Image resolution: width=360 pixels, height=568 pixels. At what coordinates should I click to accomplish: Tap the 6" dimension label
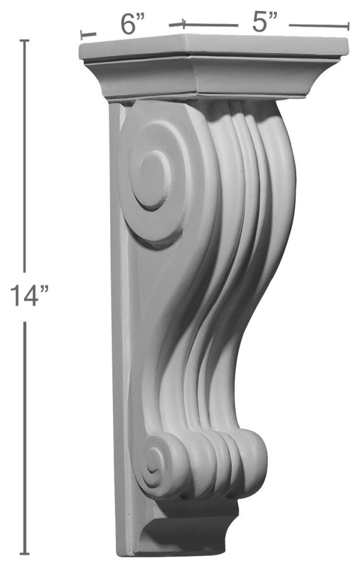click(x=132, y=24)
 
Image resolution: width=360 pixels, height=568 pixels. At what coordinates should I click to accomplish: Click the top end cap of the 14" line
click(x=24, y=41)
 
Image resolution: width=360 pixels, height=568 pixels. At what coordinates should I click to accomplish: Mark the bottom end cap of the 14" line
click(x=24, y=554)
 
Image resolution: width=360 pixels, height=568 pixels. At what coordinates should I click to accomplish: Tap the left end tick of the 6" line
click(x=81, y=34)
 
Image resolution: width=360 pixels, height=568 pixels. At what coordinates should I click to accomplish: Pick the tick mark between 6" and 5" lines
click(x=183, y=24)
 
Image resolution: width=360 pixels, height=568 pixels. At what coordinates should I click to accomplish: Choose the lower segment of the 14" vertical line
click(x=24, y=436)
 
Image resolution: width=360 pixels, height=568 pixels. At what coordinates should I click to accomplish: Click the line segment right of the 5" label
click(x=318, y=25)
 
